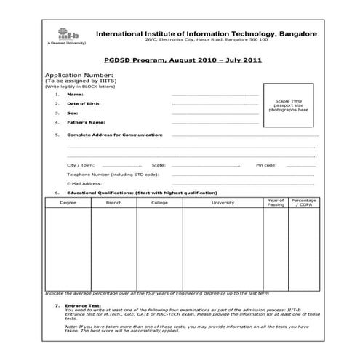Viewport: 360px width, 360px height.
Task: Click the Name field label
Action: point(74,95)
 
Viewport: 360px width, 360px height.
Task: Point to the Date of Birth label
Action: point(83,104)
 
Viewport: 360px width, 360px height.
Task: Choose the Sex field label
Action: point(72,113)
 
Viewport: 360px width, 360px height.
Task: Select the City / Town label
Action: point(81,165)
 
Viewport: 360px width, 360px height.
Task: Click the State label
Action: point(159,165)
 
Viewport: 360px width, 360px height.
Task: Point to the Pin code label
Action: point(266,165)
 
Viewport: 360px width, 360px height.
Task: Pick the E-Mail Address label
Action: point(84,183)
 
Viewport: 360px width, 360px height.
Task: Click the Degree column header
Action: point(68,202)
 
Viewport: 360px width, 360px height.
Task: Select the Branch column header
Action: point(113,202)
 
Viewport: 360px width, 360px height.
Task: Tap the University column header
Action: point(223,202)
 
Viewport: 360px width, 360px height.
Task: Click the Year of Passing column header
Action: point(276,202)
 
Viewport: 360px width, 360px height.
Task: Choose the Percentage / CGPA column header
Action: point(304,202)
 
